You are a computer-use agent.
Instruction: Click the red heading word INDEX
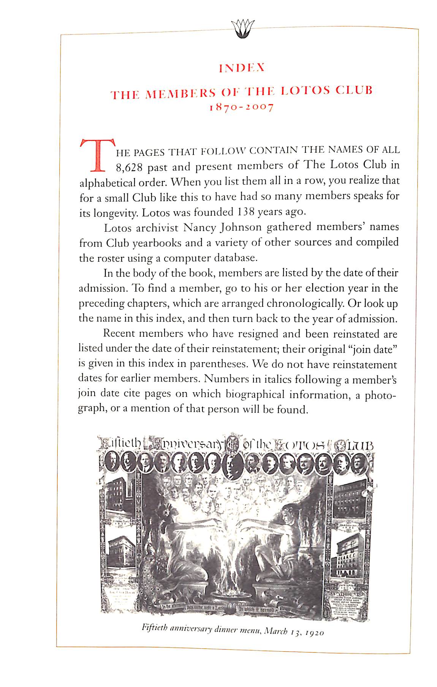[x=242, y=68]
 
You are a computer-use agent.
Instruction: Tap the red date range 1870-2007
[x=242, y=107]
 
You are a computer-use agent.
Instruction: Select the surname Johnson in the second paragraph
[x=240, y=227]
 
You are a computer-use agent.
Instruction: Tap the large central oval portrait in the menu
[x=232, y=466]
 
